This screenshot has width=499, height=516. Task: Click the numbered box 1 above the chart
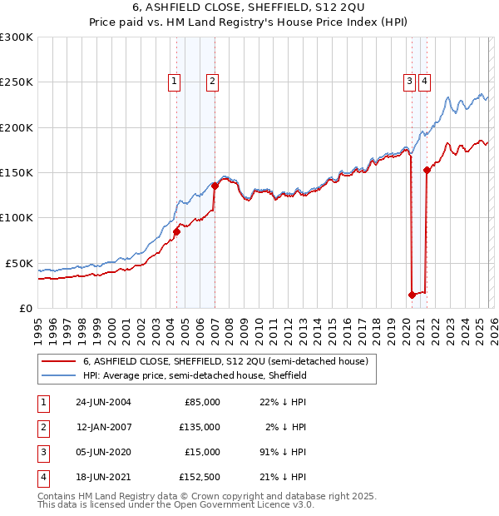[x=175, y=81]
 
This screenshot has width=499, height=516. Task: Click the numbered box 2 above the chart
[x=213, y=81]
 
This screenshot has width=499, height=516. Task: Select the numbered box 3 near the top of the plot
[x=410, y=81]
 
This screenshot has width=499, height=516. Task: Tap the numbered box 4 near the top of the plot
[x=424, y=81]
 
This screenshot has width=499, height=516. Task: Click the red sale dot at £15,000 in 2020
[x=412, y=294]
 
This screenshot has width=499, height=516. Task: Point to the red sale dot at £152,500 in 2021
[x=427, y=171]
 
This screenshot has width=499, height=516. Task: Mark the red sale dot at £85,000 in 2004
[x=177, y=231]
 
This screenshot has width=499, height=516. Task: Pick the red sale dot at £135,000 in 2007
[x=215, y=186]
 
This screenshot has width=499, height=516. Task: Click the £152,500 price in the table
[x=200, y=477]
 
